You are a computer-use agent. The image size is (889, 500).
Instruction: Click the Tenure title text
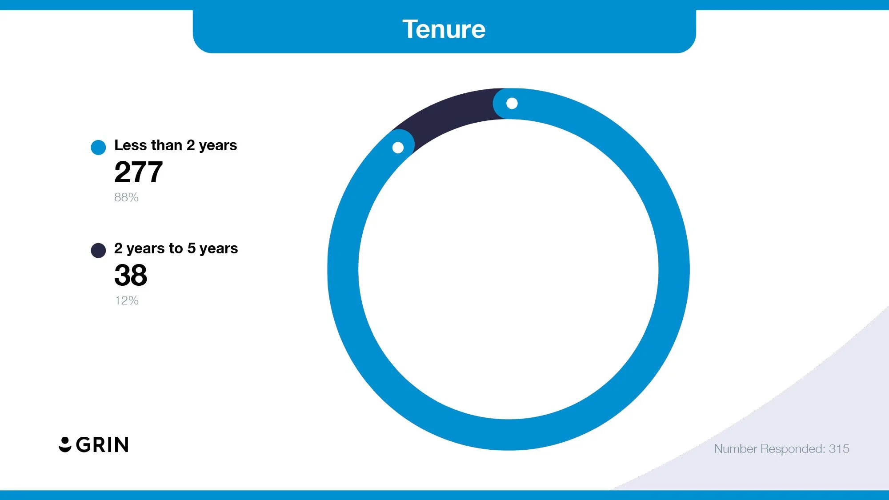click(x=444, y=29)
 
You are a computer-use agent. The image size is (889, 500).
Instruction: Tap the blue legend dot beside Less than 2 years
click(x=98, y=147)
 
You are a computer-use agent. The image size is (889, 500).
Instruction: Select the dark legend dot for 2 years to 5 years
click(x=98, y=250)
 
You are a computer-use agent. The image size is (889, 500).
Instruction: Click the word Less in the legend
click(x=130, y=145)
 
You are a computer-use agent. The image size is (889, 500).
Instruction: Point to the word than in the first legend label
click(x=167, y=145)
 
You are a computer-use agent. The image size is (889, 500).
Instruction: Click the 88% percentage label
click(x=126, y=197)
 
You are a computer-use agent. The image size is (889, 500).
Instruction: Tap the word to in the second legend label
click(x=176, y=248)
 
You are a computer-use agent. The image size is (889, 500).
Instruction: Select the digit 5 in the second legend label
click(x=192, y=248)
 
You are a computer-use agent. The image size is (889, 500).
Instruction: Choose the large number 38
click(x=131, y=275)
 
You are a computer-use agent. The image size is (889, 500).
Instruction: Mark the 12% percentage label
click(x=127, y=300)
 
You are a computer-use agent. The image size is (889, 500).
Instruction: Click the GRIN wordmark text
click(x=102, y=445)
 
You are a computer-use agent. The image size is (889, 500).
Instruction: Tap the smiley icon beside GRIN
click(x=65, y=444)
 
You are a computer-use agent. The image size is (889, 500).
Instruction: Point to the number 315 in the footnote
click(x=839, y=449)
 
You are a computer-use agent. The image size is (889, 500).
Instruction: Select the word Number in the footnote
click(x=735, y=449)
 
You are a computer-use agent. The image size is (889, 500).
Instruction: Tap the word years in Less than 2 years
click(x=218, y=146)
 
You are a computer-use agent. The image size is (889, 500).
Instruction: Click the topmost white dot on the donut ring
click(x=512, y=104)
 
